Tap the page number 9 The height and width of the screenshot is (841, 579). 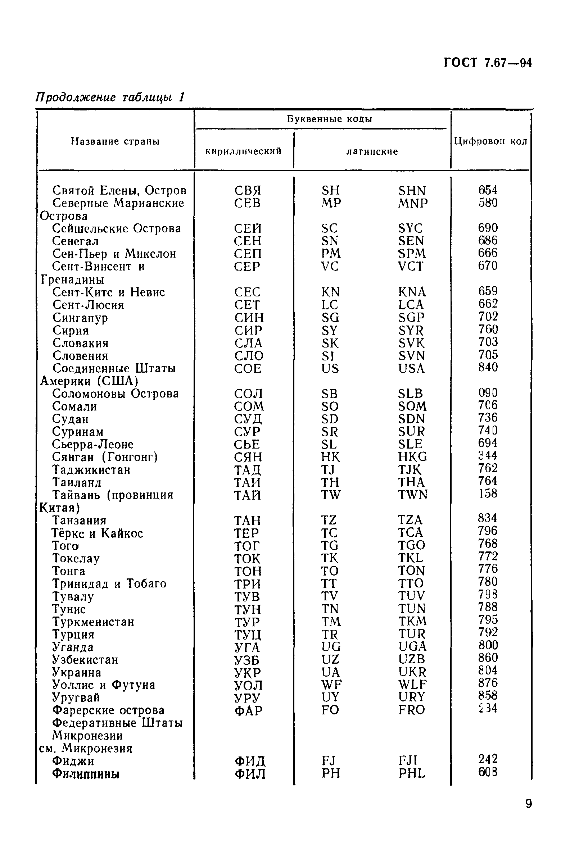528,804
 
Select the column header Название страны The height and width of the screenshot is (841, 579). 115,141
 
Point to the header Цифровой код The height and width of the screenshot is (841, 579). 490,141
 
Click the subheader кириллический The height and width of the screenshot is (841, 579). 243,151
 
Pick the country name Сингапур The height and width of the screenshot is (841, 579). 80,318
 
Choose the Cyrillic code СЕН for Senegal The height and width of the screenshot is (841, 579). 248,241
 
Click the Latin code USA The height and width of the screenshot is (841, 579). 411,369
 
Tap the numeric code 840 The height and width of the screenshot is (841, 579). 488,367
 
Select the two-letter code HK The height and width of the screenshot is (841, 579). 330,457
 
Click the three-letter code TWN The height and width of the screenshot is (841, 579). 413,495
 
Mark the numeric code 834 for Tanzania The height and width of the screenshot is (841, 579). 488,518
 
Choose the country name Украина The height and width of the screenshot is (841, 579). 77,672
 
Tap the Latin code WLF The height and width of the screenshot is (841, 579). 412,685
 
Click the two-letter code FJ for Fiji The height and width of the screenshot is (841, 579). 328,760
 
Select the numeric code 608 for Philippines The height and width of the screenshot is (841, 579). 488,772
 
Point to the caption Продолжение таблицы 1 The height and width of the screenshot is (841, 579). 110,97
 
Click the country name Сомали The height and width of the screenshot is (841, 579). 74,406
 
